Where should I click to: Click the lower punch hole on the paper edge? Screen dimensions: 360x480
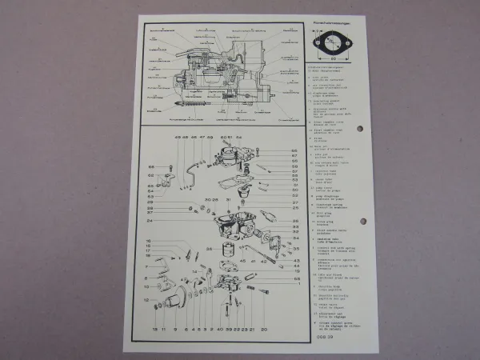(362, 221)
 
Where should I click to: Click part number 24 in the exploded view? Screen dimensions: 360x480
(149, 221)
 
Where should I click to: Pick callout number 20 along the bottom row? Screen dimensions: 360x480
(263, 329)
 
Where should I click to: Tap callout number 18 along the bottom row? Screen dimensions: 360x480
(154, 329)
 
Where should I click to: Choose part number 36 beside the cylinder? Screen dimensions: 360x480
(210, 249)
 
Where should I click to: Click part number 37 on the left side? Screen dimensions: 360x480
(149, 213)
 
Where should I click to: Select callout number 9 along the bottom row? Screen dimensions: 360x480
(175, 329)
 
